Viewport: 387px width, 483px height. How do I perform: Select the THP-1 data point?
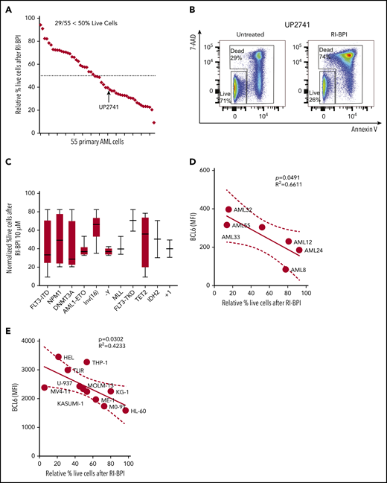[x=86, y=362]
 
